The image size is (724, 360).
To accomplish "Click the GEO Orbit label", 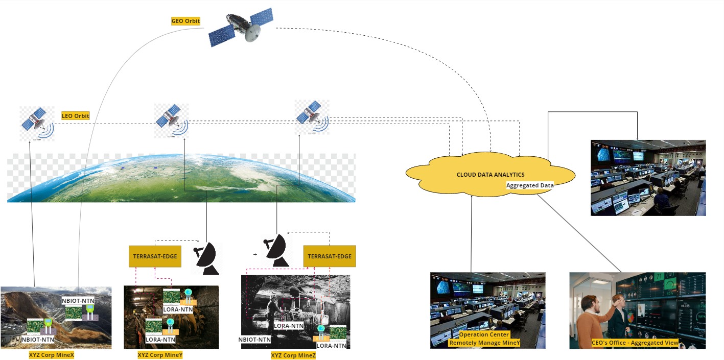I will click(x=185, y=21).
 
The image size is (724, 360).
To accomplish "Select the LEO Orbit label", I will click(x=76, y=116).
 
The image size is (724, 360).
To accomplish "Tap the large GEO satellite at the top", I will click(x=242, y=28).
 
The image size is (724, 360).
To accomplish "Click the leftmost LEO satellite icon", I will click(x=36, y=123).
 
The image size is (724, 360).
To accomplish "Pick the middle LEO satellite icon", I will click(x=172, y=121).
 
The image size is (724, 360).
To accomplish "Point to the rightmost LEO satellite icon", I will click(x=312, y=117).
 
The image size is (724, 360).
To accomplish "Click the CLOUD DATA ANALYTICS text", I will click(x=491, y=175).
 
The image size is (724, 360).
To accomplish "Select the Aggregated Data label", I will click(x=530, y=185).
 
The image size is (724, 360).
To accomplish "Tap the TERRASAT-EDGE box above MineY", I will click(x=155, y=256).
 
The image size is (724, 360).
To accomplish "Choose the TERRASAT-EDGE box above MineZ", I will click(x=330, y=256).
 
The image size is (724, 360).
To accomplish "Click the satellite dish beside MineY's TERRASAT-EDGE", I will click(x=206, y=257).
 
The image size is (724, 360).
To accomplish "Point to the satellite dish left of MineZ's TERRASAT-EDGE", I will click(x=275, y=250).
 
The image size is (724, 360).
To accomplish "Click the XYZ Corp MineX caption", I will click(x=52, y=355).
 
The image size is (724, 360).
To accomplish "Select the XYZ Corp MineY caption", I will click(x=160, y=355).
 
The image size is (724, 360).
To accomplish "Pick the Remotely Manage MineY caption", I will click(x=484, y=343).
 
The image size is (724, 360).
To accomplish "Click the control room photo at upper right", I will click(x=648, y=178).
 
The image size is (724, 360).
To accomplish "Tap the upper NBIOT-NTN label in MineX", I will click(x=78, y=301).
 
